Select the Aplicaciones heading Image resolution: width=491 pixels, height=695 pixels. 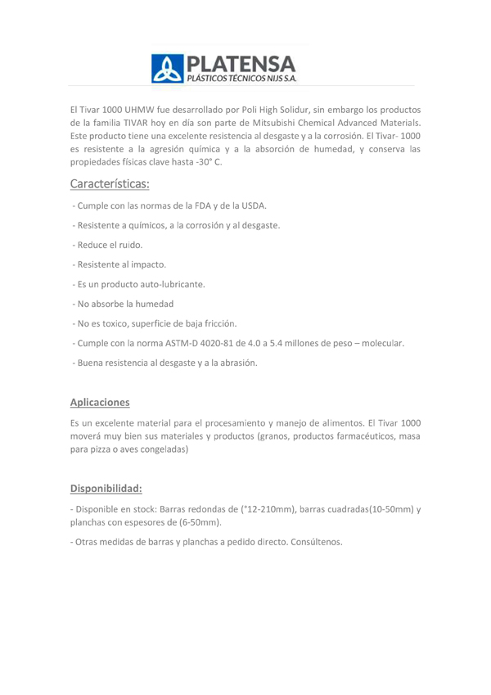tap(100, 402)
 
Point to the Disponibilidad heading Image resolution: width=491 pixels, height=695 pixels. tap(106, 489)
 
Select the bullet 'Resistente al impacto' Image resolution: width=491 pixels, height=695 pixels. tap(121, 264)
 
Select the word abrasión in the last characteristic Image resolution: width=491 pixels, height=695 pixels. tap(237, 363)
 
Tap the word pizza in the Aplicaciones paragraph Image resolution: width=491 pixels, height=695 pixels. tap(101, 449)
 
